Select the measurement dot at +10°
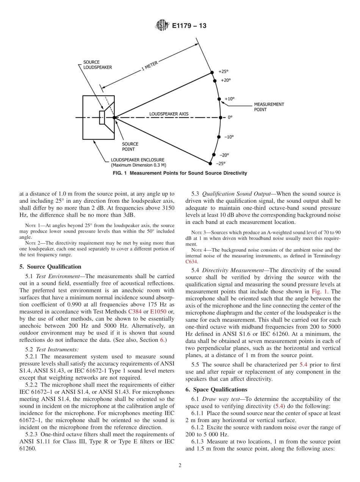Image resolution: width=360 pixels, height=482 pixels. pos(219,99)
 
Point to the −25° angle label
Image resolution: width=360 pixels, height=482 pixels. pos(220,164)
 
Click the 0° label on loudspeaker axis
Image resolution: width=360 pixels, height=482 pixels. pos(230,117)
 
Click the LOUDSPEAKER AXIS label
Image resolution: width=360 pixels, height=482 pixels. pos(169,114)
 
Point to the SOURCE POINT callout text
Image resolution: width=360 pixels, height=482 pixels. pos(130,147)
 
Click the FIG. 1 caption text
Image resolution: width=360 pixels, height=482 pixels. pos(180,173)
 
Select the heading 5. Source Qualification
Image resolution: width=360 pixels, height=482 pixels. pos(50,266)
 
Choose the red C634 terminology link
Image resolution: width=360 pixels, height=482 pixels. pos(191,262)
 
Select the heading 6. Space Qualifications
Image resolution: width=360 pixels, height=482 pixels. pos(216,390)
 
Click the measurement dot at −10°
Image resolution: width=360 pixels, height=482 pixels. pos(218,137)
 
